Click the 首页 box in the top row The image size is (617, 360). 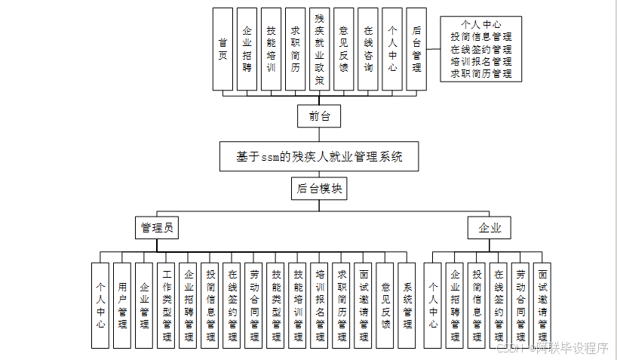[x=223, y=49]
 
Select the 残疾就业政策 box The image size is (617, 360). [x=319, y=49]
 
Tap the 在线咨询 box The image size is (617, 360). [x=367, y=49]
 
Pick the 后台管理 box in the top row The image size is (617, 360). [x=416, y=49]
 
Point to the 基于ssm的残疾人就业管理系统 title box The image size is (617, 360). [x=320, y=157]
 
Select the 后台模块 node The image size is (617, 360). [x=319, y=189]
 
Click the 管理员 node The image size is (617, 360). [x=158, y=228]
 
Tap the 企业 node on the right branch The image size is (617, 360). [x=490, y=228]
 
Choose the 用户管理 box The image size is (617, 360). [x=122, y=305]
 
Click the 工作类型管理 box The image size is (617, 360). [x=166, y=305]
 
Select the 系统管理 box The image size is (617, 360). [x=407, y=305]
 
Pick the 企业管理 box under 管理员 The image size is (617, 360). [x=144, y=305]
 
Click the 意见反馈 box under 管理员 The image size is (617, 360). [x=385, y=305]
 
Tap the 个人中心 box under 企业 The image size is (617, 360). [x=433, y=305]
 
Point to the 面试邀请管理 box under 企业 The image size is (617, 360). [x=542, y=305]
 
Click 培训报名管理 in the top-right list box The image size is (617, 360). [x=480, y=61]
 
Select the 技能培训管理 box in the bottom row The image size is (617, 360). [x=298, y=305]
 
